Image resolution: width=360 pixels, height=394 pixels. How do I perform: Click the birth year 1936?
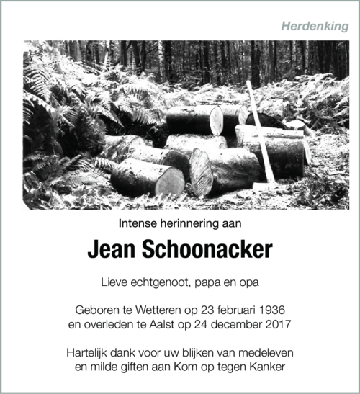click(271, 310)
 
